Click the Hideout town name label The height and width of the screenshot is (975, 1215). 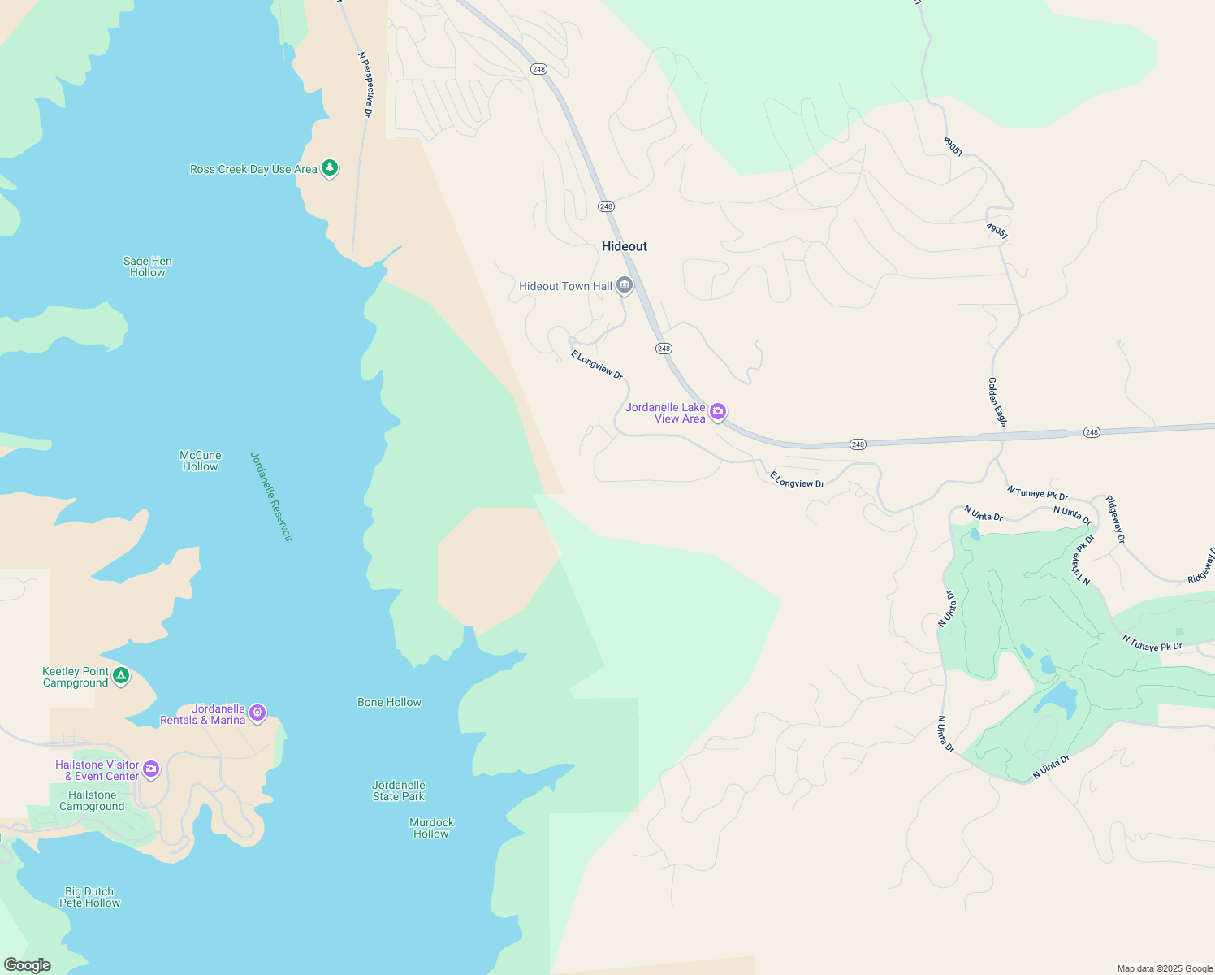pyautogui.click(x=625, y=246)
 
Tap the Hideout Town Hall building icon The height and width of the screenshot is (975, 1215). pyautogui.click(x=625, y=285)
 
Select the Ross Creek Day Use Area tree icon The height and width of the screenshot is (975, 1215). pyautogui.click(x=330, y=168)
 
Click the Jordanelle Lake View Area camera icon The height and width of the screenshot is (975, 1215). pyautogui.click(x=718, y=412)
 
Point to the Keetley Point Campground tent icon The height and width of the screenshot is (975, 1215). pyautogui.click(x=121, y=675)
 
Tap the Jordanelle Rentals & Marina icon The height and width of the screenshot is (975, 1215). pyautogui.click(x=257, y=713)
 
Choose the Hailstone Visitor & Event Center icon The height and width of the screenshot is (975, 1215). pyautogui.click(x=151, y=769)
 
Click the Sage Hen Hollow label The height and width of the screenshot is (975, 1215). pyautogui.click(x=148, y=267)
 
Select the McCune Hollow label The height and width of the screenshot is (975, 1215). pyautogui.click(x=201, y=461)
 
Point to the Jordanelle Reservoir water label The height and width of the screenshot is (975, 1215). pyautogui.click(x=271, y=496)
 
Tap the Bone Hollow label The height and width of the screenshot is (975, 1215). pyautogui.click(x=390, y=702)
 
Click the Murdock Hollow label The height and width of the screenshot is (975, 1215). pyautogui.click(x=431, y=828)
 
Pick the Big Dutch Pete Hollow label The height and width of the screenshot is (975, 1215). pyautogui.click(x=89, y=897)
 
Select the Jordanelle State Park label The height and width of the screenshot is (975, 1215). pyautogui.click(x=399, y=791)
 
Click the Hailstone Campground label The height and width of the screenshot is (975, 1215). pyautogui.click(x=92, y=800)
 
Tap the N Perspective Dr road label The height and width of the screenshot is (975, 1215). pyautogui.click(x=365, y=84)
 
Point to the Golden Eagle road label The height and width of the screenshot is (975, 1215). pyautogui.click(x=997, y=402)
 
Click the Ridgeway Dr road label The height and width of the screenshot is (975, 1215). pyautogui.click(x=1116, y=520)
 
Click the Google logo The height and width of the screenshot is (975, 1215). pyautogui.click(x=27, y=964)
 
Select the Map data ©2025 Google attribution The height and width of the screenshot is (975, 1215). pyautogui.click(x=1165, y=968)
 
